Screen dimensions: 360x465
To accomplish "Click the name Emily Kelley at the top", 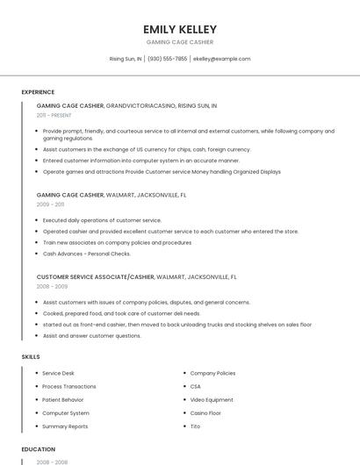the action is click(179, 29).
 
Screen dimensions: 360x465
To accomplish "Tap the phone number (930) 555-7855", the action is click(167, 59).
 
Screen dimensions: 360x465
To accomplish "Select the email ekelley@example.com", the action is click(221, 59).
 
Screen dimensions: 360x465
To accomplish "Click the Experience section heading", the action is click(38, 92).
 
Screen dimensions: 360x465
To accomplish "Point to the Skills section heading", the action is click(31, 357).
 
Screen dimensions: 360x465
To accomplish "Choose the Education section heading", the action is click(38, 449).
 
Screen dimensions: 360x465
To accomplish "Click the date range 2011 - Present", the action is click(54, 115).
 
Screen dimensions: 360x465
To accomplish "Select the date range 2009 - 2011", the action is click(50, 204).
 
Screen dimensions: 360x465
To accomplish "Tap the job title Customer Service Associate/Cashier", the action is click(95, 276).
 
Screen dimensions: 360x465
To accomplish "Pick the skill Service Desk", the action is click(58, 373).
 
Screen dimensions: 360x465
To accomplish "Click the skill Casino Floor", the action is click(205, 413).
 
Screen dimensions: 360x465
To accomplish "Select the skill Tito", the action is click(195, 426).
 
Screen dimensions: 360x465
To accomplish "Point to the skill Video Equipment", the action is click(212, 400).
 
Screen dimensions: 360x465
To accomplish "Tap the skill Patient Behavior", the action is click(62, 400).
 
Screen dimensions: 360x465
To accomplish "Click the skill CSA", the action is click(195, 387).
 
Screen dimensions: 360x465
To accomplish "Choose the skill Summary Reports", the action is click(65, 426).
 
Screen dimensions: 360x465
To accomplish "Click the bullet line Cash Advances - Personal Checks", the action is click(86, 254).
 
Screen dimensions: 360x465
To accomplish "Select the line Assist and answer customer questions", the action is click(91, 336).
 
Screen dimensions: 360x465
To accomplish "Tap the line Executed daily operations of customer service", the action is click(102, 220).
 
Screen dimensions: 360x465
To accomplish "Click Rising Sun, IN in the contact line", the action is click(126, 59).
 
